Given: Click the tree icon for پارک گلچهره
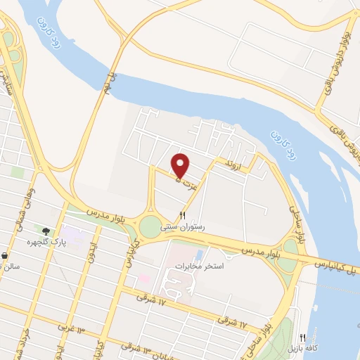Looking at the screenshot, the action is [x=46, y=231].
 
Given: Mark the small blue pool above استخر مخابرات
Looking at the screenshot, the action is [x=199, y=254].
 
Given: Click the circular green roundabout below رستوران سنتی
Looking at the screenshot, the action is [x=150, y=226].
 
